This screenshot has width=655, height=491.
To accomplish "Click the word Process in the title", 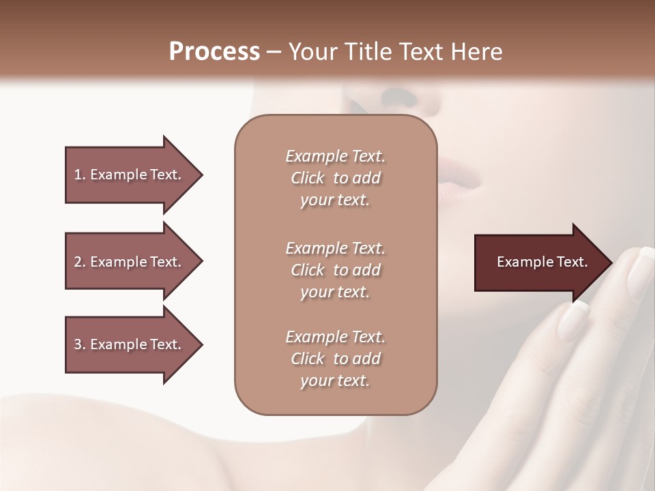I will pos(214,51).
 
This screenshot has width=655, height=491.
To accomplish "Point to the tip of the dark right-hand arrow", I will pos(609,262).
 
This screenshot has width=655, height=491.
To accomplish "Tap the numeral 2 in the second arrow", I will pos(78,262).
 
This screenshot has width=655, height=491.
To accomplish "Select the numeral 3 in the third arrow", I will pos(78,344).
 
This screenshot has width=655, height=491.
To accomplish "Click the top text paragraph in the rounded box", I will pos(335,178).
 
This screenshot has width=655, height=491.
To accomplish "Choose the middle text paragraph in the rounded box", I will pos(335,270).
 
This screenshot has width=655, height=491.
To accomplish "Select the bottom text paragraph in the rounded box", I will pos(335,359).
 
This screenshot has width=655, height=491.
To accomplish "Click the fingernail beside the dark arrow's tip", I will pos(639,269).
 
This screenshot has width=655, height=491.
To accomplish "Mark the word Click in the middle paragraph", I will pos(308,270).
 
